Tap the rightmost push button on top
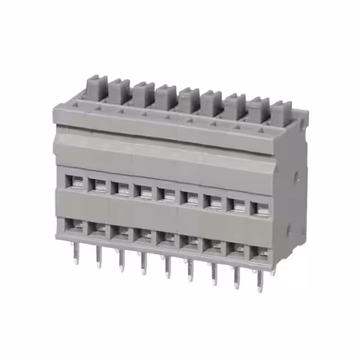coord(281,112)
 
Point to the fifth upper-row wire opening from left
coord(168,194)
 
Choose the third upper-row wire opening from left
coord(121,187)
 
